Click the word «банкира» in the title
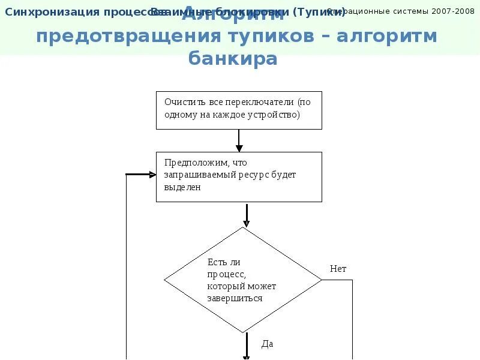(233, 59)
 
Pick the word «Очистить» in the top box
(182, 102)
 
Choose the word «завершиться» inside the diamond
(235, 298)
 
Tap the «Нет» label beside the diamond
(338, 269)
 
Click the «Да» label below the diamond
(267, 344)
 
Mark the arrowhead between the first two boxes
(239, 148)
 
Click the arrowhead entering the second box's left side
(152, 175)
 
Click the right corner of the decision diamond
(321, 280)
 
